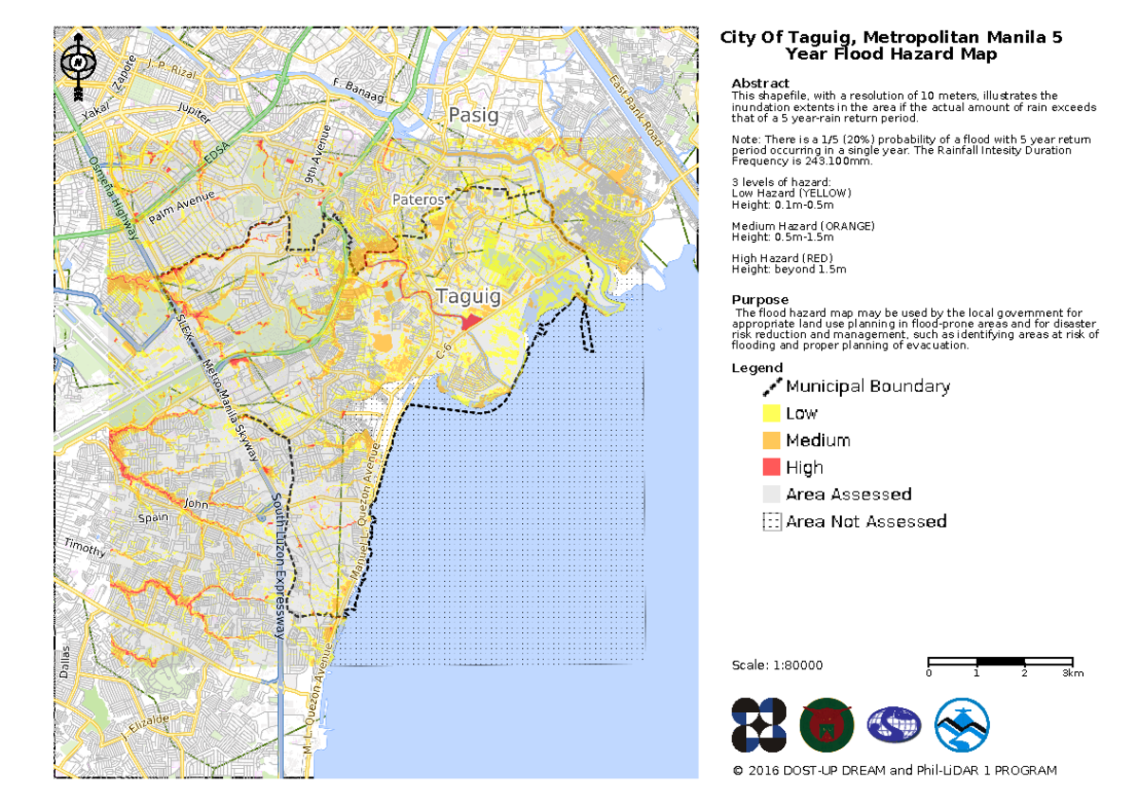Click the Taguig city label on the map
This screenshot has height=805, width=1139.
pyautogui.click(x=468, y=296)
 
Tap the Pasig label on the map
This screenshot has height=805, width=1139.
pyautogui.click(x=473, y=116)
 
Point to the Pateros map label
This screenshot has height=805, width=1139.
pyautogui.click(x=418, y=200)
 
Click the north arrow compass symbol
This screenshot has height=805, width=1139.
pyautogui.click(x=77, y=64)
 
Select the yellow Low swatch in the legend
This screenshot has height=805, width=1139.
pyautogui.click(x=771, y=413)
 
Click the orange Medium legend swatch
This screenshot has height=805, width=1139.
pyautogui.click(x=771, y=440)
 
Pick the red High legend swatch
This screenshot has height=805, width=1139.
pyautogui.click(x=771, y=467)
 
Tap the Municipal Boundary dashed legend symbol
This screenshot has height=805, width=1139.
pyautogui.click(x=771, y=386)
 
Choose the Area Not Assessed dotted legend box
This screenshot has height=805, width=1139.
pyautogui.click(x=771, y=521)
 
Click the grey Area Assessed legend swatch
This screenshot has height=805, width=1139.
pyautogui.click(x=771, y=495)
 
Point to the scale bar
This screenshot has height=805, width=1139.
pyautogui.click(x=999, y=661)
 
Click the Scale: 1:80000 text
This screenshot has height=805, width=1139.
pyautogui.click(x=777, y=665)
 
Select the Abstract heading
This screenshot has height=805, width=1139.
pyautogui.click(x=760, y=84)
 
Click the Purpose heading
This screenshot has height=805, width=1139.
pyautogui.click(x=759, y=300)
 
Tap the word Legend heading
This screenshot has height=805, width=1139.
pyautogui.click(x=756, y=367)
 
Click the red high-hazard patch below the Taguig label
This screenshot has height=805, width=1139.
pyautogui.click(x=472, y=321)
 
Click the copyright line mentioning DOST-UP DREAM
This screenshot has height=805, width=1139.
pyautogui.click(x=894, y=770)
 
